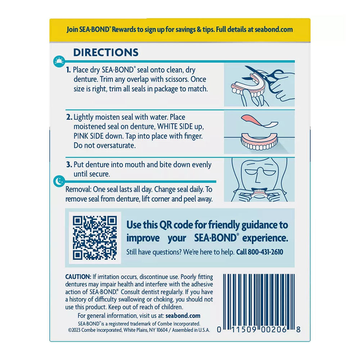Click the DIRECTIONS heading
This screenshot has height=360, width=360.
coord(106,52)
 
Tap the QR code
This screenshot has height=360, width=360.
coord(95,238)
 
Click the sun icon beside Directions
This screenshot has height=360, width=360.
coord(59,61)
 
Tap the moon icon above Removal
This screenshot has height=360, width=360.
coord(59,181)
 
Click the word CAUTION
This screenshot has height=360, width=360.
coord(78,277)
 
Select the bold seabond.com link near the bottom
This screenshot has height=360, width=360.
coord(183,316)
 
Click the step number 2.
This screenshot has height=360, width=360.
coord(69,117)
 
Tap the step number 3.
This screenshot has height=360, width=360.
coord(69,165)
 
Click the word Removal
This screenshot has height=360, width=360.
coord(78,189)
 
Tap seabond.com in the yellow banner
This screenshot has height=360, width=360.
coord(274,30)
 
